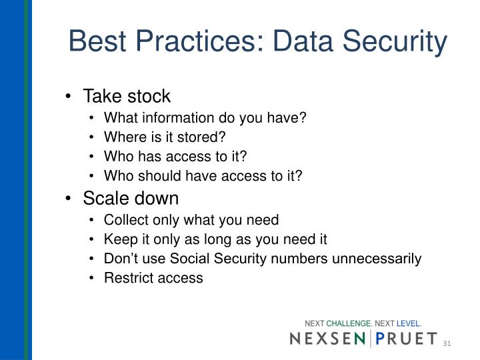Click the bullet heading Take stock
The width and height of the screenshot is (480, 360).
pos(127,96)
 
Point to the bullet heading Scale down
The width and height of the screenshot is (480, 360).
pos(131,199)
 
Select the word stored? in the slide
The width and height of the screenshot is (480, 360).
pos(203,137)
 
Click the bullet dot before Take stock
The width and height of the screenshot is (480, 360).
pos(70,97)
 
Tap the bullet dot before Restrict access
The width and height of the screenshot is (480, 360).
pos(92,279)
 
